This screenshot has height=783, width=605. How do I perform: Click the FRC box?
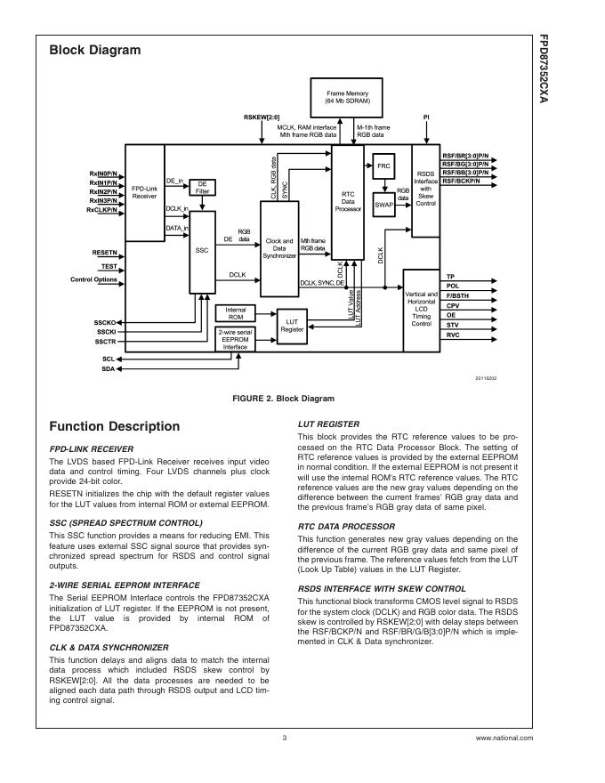tap(383, 167)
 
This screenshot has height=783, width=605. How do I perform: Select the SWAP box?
tap(383, 205)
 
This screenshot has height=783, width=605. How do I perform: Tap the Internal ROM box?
tap(236, 313)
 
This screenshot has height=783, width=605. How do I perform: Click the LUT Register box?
tap(292, 324)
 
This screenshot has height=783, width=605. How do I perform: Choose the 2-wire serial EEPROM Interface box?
tap(235, 340)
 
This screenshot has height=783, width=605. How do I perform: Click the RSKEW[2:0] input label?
tap(262, 117)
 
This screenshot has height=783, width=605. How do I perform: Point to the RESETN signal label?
tap(104, 253)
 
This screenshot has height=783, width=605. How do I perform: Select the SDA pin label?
tap(108, 368)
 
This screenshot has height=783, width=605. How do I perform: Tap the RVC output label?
tap(453, 335)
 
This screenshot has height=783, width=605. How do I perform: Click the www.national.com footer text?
tap(504, 739)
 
